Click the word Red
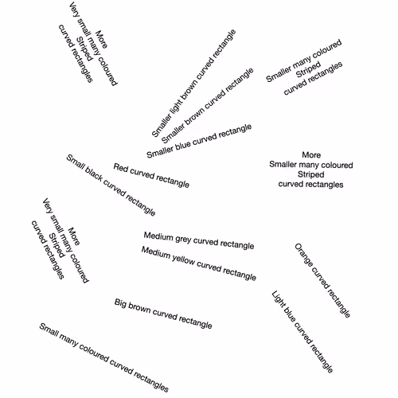[x=121, y=168]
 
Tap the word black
[x=93, y=175]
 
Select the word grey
[x=183, y=240]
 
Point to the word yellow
[x=183, y=259]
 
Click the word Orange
[x=303, y=255]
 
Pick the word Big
[x=120, y=303]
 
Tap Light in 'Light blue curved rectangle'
[x=278, y=299]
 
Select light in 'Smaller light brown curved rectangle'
[x=176, y=104]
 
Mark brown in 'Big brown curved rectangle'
[x=139, y=308]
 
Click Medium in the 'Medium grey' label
[x=158, y=236]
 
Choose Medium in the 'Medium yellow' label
[x=156, y=253]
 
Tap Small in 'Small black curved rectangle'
[x=75, y=162]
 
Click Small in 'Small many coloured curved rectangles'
[x=49, y=330]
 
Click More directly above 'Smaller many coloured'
[x=311, y=155]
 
